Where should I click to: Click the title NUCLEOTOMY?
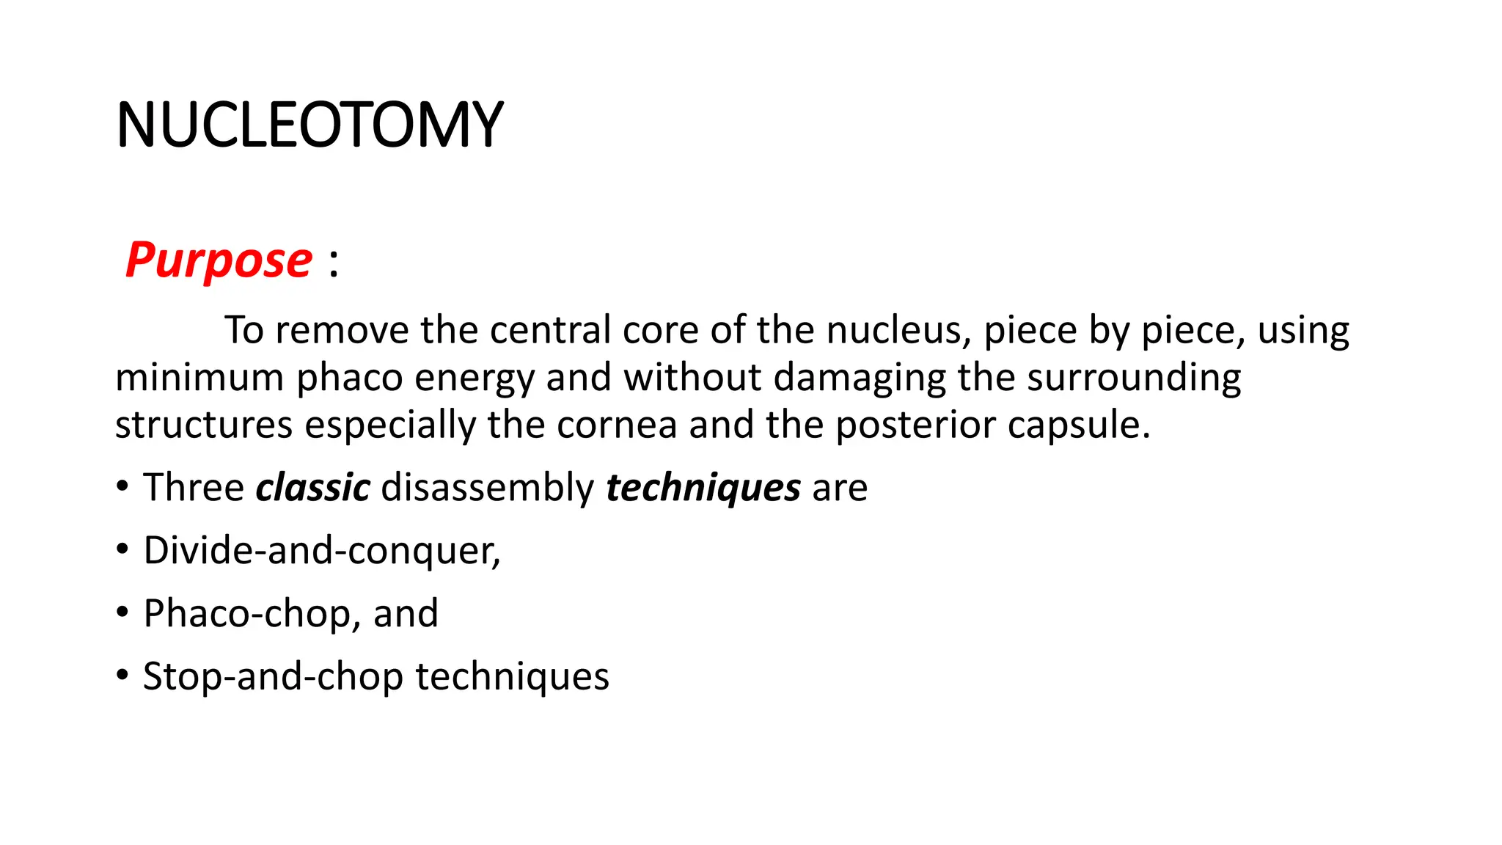[x=309, y=125]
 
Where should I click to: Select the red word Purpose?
[x=219, y=260]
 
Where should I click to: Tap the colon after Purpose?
[x=334, y=263]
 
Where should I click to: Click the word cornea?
[x=616, y=425]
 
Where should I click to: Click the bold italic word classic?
[x=313, y=488]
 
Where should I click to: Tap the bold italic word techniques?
[x=703, y=489]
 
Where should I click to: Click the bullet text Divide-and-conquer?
[x=321, y=550]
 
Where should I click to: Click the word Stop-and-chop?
[x=273, y=676]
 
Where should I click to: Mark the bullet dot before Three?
[x=122, y=486]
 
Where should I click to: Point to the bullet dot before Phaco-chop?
[x=122, y=612]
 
